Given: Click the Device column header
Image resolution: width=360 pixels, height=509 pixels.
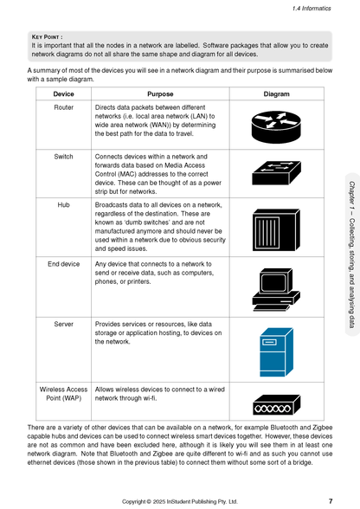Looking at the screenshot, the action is pos(63,93).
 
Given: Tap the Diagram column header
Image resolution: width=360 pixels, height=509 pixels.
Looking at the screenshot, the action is pos(276,93).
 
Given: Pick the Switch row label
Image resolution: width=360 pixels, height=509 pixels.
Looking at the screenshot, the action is pos(63,157).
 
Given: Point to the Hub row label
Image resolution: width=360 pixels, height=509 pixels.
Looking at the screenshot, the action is pos(63,205).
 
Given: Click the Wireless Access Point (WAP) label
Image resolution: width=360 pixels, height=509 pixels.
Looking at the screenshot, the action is pos(63,394).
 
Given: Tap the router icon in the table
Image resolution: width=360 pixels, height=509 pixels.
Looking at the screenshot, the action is pos(276,126).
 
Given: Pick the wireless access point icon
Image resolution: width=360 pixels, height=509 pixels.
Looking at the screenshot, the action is pos(276,404).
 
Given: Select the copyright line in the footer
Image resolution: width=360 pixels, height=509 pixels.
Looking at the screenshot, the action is pos(179,501).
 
